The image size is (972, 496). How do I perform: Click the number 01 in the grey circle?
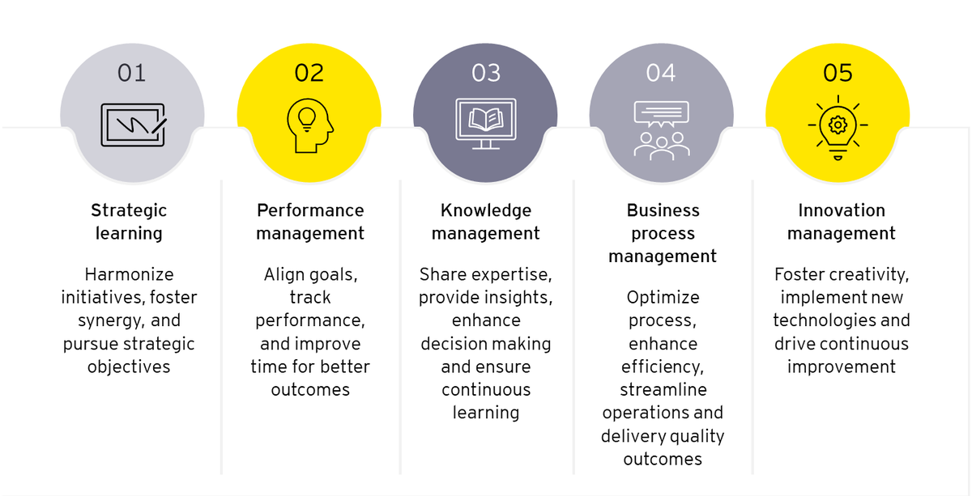click(131, 73)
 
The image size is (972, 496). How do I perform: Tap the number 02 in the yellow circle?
click(309, 73)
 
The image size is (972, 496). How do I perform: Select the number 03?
click(486, 73)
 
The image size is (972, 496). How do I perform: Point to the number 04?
click(661, 73)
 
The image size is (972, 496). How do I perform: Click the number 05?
click(838, 73)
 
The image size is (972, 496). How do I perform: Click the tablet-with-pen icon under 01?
click(134, 125)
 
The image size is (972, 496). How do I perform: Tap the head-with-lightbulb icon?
click(309, 125)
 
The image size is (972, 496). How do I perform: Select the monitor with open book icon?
click(486, 124)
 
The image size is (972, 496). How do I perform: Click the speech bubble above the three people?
click(661, 114)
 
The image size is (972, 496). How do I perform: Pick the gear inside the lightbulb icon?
click(838, 125)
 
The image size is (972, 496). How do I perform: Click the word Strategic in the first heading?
click(129, 211)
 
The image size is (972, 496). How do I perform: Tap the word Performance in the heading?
click(310, 210)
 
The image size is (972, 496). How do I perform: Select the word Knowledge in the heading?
click(486, 211)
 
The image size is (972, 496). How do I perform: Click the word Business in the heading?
click(663, 210)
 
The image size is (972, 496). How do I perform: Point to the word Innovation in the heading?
click(842, 210)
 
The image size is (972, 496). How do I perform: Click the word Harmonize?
click(129, 274)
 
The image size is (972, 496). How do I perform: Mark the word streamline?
click(663, 389)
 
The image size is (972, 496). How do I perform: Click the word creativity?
click(869, 275)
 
